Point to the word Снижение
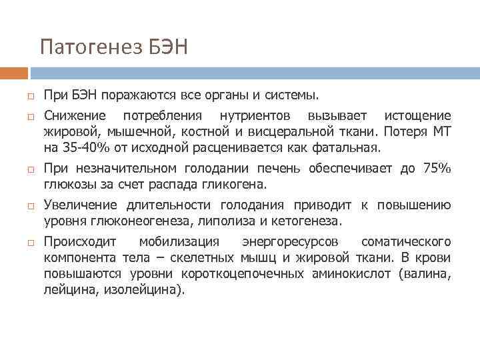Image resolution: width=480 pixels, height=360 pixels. click(x=71, y=116)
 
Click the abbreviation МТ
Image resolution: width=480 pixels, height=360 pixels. click(x=442, y=131)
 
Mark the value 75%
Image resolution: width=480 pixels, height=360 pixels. click(x=436, y=169)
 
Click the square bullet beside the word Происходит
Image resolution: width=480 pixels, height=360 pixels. click(x=31, y=242)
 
